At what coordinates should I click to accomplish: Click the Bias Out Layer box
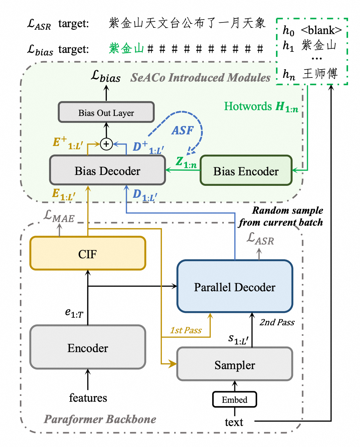[106, 113]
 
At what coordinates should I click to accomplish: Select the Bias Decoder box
[107, 171]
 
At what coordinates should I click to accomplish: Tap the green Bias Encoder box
[246, 171]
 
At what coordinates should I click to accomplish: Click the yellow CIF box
[88, 254]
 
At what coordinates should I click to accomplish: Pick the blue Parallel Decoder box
[235, 287]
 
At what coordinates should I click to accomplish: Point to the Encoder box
[88, 348]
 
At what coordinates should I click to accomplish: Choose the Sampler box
[235, 365]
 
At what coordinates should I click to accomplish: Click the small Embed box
[235, 400]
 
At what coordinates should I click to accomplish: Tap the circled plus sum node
[106, 144]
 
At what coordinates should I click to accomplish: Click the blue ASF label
[183, 130]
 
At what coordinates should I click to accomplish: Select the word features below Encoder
[88, 398]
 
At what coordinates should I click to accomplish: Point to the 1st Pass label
[186, 330]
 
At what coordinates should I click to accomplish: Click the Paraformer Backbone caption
[100, 419]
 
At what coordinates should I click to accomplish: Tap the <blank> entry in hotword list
[321, 30]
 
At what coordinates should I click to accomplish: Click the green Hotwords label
[261, 106]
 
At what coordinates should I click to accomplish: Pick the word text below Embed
[234, 422]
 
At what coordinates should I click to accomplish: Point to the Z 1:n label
[186, 162]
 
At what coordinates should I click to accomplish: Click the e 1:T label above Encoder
[74, 313]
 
